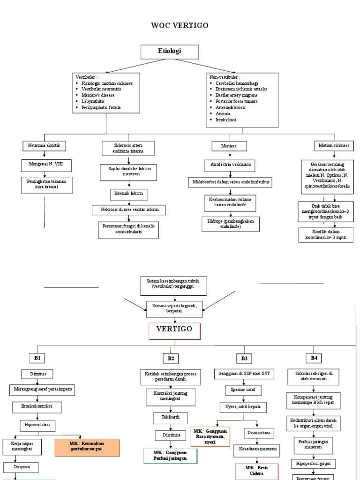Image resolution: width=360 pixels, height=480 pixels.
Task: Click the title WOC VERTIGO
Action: click(180, 25)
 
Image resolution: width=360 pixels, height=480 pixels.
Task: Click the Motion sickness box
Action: click(334, 146)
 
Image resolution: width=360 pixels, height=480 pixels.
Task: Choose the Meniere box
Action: click(229, 146)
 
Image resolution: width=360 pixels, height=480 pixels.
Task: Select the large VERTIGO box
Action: click(174, 330)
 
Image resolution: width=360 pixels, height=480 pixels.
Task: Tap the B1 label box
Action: click(37, 358)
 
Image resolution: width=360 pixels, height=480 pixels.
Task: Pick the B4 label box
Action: click(314, 358)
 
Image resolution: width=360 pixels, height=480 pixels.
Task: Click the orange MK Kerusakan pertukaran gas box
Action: click(87, 448)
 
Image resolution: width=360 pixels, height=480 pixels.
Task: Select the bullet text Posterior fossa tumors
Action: click(236, 101)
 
